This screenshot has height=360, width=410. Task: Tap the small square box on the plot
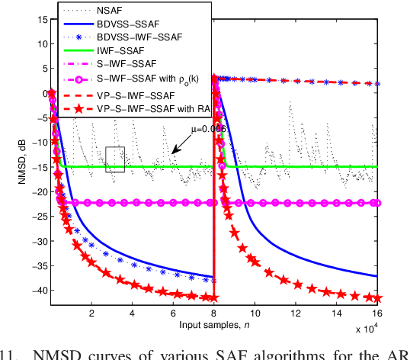point(115,159)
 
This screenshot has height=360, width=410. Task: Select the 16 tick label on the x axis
point(376,313)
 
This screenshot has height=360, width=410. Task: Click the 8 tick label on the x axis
point(214,313)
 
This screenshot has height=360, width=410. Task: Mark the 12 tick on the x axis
point(295,313)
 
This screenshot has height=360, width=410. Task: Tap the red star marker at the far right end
point(376,298)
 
